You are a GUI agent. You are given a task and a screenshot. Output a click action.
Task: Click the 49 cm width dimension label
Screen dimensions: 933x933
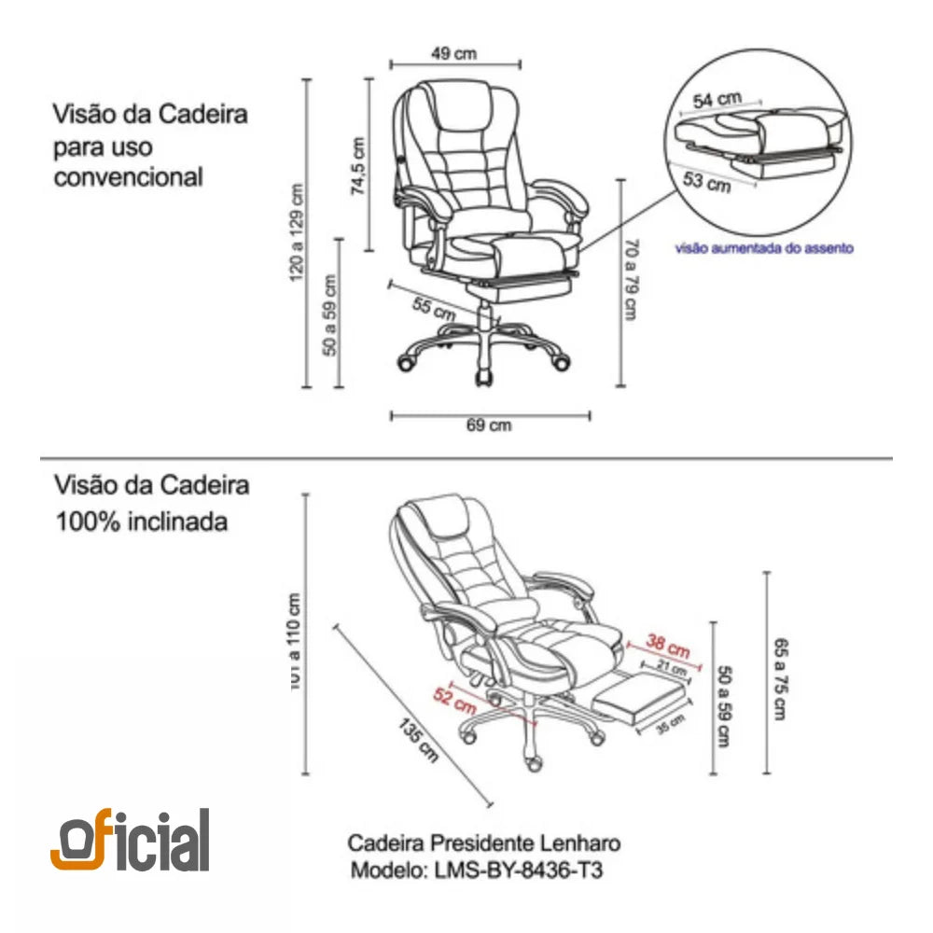[454, 53]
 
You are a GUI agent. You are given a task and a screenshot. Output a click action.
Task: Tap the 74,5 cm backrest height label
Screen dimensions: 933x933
[357, 166]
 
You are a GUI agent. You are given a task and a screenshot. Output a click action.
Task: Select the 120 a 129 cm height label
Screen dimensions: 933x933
[298, 232]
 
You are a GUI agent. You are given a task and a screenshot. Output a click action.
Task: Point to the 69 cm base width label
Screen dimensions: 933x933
[489, 425]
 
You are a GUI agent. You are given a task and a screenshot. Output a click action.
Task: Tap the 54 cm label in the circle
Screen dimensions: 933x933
[717, 98]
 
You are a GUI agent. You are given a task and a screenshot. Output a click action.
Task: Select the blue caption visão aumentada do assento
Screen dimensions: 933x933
[763, 249]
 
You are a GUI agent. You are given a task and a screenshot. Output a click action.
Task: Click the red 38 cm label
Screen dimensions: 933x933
[668, 645]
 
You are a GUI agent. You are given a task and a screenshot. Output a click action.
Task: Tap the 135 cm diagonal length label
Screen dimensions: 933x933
[417, 740]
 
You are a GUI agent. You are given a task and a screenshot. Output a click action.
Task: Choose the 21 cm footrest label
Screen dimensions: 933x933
[671, 668]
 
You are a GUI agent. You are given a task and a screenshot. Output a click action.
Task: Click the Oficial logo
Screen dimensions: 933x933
[130, 841]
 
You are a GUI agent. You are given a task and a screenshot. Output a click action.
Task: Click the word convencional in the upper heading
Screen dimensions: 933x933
[128, 176]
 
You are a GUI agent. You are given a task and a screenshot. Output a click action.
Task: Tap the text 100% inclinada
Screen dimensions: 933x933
[141, 521]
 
